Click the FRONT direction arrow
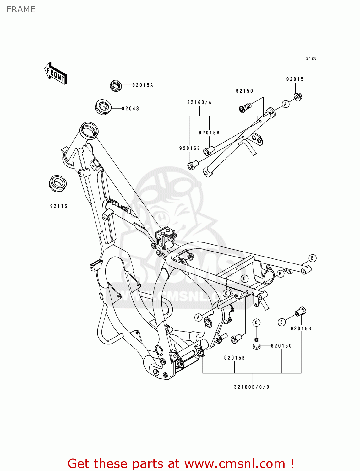pyautogui.click(x=56, y=73)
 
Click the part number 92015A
pyautogui.click(x=142, y=85)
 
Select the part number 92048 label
pyautogui.click(x=130, y=109)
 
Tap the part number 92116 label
pyautogui.click(x=59, y=206)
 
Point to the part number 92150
pyautogui.click(x=244, y=91)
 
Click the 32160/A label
pyautogui.click(x=199, y=102)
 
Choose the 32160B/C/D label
pyautogui.click(x=252, y=387)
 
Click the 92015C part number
pyautogui.click(x=281, y=346)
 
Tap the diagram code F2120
pyautogui.click(x=310, y=58)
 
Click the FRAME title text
pyautogui.click(x=21, y=9)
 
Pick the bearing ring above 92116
pyautogui.click(x=58, y=183)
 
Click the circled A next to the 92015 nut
pyautogui.click(x=285, y=104)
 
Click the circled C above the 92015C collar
pyautogui.click(x=256, y=322)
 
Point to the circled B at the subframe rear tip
pyautogui.click(x=312, y=258)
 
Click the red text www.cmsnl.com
pyautogui.click(x=235, y=463)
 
